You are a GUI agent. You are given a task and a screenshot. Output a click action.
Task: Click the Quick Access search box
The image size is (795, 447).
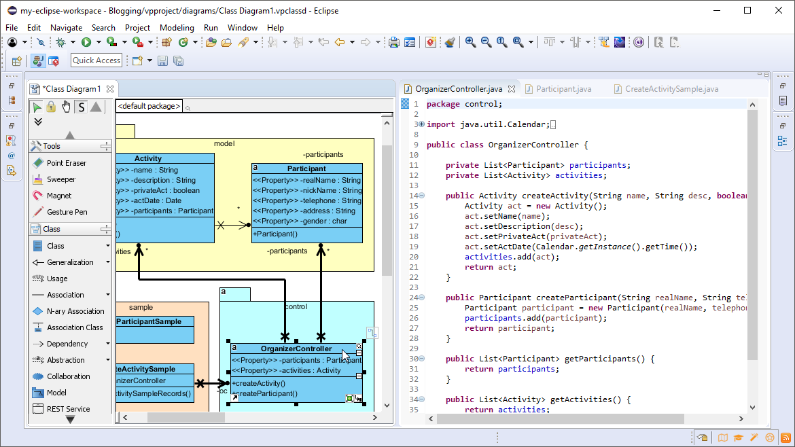click(96, 60)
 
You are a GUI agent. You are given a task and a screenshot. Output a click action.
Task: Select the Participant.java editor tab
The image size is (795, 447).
click(563, 89)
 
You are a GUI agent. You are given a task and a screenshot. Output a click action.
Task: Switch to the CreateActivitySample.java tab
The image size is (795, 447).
click(671, 89)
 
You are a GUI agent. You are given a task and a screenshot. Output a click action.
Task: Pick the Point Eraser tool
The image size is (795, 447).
click(67, 163)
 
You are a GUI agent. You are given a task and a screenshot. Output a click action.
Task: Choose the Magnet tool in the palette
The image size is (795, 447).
click(59, 196)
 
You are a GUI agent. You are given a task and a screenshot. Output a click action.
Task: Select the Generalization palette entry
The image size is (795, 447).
click(70, 262)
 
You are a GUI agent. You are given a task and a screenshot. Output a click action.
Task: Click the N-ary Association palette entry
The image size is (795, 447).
click(75, 311)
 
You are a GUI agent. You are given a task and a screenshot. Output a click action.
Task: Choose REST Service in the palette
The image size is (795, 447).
click(68, 409)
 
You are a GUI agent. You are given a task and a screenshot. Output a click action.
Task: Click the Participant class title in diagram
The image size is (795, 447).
click(306, 168)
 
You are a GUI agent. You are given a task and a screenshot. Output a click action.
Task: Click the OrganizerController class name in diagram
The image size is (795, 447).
click(295, 349)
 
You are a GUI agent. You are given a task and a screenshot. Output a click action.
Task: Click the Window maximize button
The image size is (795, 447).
click(747, 10)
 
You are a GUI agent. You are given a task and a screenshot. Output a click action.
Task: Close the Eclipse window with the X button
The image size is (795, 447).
click(779, 10)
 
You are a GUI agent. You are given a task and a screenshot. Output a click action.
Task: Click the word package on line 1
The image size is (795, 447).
click(443, 104)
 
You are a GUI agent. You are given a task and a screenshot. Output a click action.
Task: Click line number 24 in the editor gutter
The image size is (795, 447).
click(414, 298)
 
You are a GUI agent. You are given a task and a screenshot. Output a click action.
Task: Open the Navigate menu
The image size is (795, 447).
click(66, 28)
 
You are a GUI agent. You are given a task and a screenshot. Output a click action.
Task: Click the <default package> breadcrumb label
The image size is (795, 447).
click(149, 106)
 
